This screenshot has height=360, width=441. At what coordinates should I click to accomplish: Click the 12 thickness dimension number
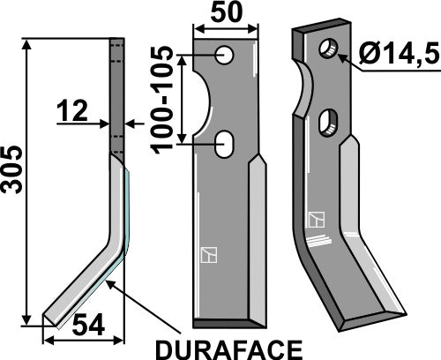(71, 111)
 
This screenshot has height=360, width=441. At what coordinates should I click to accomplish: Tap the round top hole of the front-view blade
(227, 56)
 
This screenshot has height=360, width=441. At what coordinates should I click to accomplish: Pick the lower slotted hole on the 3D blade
(331, 121)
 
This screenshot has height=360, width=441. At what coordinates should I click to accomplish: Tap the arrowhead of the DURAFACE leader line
(107, 282)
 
